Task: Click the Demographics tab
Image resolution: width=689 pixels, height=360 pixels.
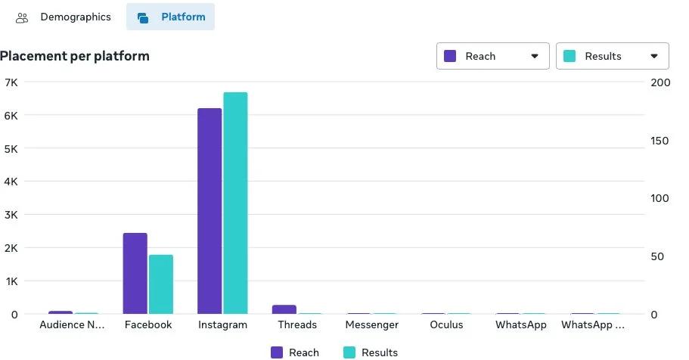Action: point(64,17)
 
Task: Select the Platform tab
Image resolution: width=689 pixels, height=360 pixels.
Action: point(171,17)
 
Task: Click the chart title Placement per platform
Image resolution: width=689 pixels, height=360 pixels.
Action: point(75,56)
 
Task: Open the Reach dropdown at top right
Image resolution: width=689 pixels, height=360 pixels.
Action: point(492,56)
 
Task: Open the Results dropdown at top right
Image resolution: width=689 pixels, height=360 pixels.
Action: point(612,56)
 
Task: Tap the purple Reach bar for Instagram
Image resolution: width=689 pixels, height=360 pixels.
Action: point(209,211)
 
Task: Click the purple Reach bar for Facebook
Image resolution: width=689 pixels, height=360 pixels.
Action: point(135,273)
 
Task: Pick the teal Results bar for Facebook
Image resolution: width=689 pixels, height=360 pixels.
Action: point(160,284)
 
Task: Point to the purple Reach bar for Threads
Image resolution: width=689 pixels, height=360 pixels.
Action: point(284,309)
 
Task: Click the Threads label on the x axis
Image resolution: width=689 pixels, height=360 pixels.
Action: point(297,325)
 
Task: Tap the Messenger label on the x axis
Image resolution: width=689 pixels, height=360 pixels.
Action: point(371,325)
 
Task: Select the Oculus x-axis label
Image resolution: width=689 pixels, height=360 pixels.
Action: point(446,325)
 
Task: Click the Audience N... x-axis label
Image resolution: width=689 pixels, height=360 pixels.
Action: point(72,325)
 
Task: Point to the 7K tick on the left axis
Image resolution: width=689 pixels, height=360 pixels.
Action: point(11,82)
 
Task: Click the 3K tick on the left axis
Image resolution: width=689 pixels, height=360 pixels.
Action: point(11,215)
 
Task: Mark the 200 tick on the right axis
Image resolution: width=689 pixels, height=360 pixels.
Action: point(660,82)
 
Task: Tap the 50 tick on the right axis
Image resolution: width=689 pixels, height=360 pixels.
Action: point(657,257)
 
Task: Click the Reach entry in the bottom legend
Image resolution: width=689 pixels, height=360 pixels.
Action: point(294,352)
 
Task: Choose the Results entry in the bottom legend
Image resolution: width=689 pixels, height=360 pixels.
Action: point(370,352)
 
